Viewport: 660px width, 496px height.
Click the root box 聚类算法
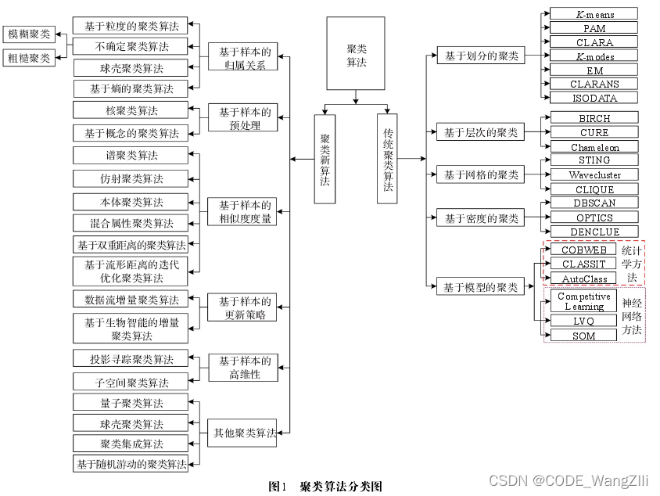[356, 54]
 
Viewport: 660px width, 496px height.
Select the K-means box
[594, 14]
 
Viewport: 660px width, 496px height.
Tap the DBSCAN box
[594, 203]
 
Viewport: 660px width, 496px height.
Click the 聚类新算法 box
[325, 159]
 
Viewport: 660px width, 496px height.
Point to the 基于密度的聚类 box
[481, 218]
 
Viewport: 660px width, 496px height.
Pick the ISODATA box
[594, 98]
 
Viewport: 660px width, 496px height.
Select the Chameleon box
[594, 147]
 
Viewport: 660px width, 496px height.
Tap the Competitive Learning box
[584, 301]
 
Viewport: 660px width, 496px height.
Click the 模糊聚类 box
[29, 34]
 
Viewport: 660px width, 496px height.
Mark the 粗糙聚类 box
[29, 56]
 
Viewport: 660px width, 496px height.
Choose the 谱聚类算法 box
[131, 155]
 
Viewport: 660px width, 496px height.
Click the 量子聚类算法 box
[131, 403]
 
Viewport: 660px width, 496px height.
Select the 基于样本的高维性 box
[245, 367]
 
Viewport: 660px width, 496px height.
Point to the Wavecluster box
[594, 174]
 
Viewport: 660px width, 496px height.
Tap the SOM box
[584, 336]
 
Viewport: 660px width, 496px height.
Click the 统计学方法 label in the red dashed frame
[632, 264]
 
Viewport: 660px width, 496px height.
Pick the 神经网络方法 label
[632, 317]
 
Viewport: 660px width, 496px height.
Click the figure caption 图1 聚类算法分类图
[325, 486]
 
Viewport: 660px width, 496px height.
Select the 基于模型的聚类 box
[481, 287]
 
